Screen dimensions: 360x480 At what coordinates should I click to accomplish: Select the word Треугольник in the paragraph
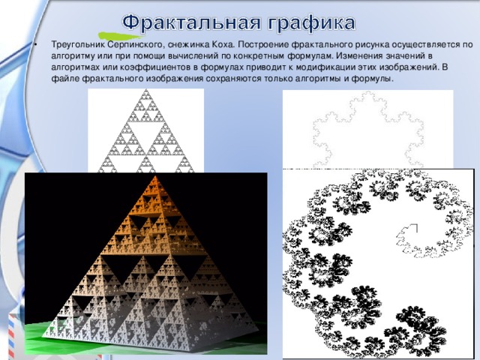[75, 44]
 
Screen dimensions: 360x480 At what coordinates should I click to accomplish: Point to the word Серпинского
[132, 44]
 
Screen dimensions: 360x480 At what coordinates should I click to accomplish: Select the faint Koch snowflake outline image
[367, 127]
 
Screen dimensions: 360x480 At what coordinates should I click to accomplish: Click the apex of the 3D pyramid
[156, 178]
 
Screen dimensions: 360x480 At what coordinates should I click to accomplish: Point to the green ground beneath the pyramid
[45, 330]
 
